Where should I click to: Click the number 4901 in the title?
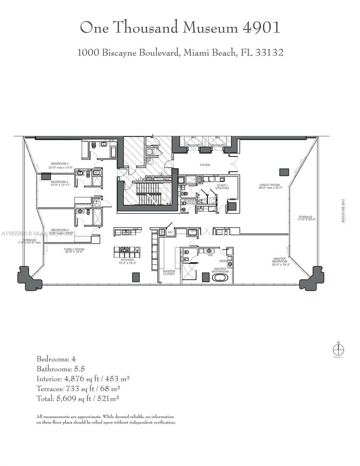pyautogui.click(x=261, y=28)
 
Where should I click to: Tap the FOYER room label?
pyautogui.click(x=205, y=165)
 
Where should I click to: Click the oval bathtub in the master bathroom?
pyautogui.click(x=220, y=278)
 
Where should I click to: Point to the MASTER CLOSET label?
pyautogui.click(x=169, y=273)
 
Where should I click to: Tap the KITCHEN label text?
pyautogui.click(x=127, y=260)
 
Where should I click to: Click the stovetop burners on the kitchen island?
pyautogui.click(x=125, y=250)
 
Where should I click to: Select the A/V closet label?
pyautogui.click(x=170, y=233)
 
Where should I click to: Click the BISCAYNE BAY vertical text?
pyautogui.click(x=343, y=210)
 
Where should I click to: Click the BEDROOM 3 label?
pyautogui.click(x=59, y=163)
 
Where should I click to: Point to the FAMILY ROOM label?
pyautogui.click(x=74, y=250)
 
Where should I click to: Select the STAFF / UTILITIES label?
pyautogui.click(x=222, y=187)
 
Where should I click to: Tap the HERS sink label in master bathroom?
pyautogui.click(x=223, y=261)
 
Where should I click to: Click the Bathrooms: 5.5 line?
pyautogui.click(x=61, y=369)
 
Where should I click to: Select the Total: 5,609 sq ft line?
pyautogui.click(x=78, y=398)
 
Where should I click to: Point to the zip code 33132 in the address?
pyautogui.click(x=268, y=52)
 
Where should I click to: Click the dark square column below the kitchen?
pyautogui.click(x=136, y=277)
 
